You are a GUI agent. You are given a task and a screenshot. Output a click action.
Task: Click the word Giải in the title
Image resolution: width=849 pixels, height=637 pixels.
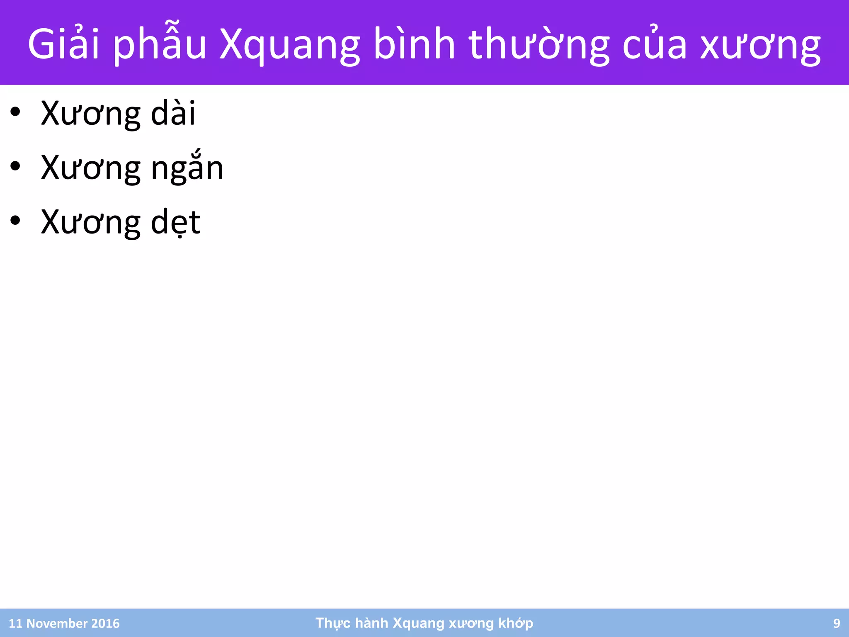pos(63,44)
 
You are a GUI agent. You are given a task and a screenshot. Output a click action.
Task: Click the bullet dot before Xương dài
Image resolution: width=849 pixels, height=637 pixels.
pos(15,112)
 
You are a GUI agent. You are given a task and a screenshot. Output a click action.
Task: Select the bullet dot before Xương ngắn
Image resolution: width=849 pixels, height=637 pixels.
pos(15,167)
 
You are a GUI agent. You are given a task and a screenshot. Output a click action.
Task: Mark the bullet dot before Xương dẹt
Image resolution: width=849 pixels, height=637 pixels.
pos(15,221)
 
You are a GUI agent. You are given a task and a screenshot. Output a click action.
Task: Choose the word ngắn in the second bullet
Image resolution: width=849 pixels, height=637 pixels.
pos(187,168)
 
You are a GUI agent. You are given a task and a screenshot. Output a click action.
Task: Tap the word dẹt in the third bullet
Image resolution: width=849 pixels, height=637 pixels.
pos(175,222)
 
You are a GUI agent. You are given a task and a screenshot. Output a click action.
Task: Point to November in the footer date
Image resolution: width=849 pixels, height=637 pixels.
pos(57,623)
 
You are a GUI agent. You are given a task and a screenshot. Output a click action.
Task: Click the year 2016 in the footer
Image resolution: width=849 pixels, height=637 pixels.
pos(105,623)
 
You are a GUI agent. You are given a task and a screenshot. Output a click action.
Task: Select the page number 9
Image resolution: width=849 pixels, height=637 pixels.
pos(837,623)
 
